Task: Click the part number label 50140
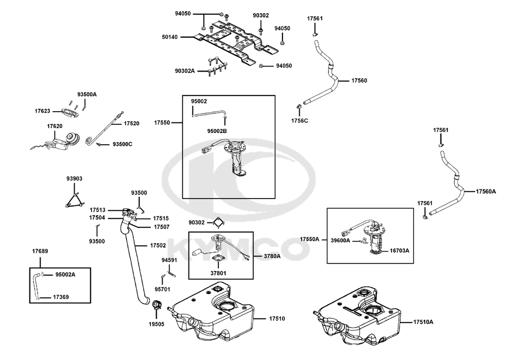coord(170,37)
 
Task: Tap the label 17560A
coord(486,191)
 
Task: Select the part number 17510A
coord(423,322)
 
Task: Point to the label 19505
coord(156,324)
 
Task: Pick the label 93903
coord(75,178)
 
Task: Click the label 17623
coord(43,111)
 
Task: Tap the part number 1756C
coord(299,121)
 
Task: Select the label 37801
coord(218,273)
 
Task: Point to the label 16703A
coord(399,250)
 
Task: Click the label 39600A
coord(340,241)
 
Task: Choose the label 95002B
coord(217,131)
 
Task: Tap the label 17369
coord(61,297)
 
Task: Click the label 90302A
coord(185,71)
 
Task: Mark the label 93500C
coord(122,144)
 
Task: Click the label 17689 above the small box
coord(40,251)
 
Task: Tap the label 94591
coord(170,260)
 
